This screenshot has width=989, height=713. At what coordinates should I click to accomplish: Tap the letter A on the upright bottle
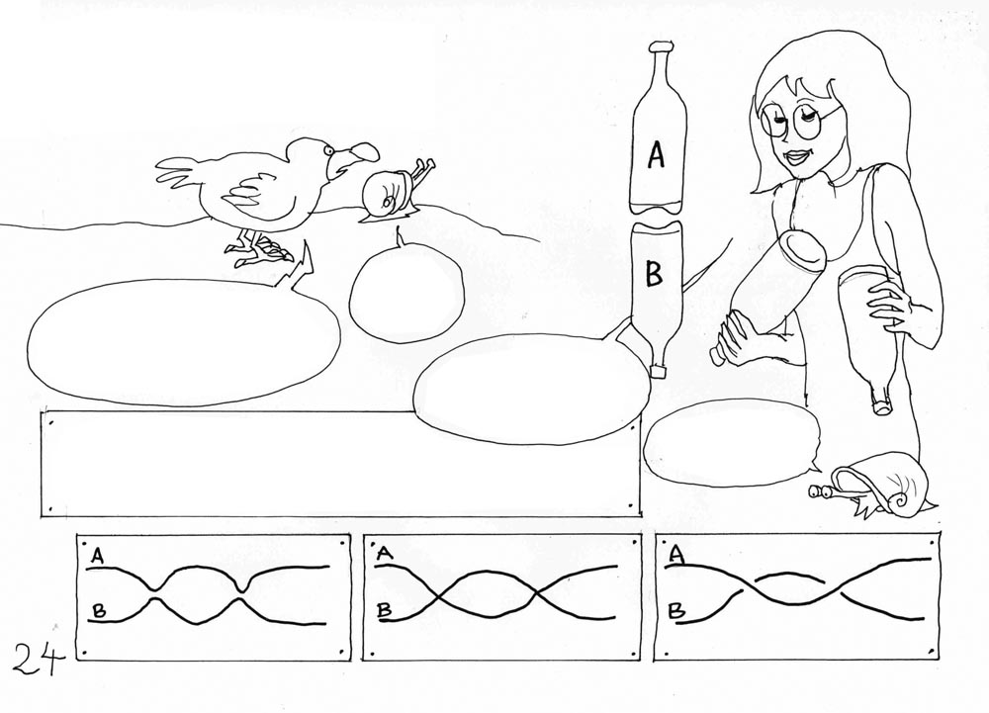[656, 154]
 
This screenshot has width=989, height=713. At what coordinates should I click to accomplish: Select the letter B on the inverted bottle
[654, 274]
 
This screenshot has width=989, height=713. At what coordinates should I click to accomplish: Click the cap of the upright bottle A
[660, 46]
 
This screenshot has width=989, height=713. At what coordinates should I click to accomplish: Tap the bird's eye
[328, 150]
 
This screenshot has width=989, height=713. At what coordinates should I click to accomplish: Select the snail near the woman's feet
[873, 491]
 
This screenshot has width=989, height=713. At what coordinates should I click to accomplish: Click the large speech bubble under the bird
[183, 340]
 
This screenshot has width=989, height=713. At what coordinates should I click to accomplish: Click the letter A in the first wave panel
[97, 556]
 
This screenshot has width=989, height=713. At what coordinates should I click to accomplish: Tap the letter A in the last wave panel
[676, 555]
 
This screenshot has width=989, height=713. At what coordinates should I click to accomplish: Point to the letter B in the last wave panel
[676, 609]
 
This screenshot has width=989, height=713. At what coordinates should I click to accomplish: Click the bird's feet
[258, 249]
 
